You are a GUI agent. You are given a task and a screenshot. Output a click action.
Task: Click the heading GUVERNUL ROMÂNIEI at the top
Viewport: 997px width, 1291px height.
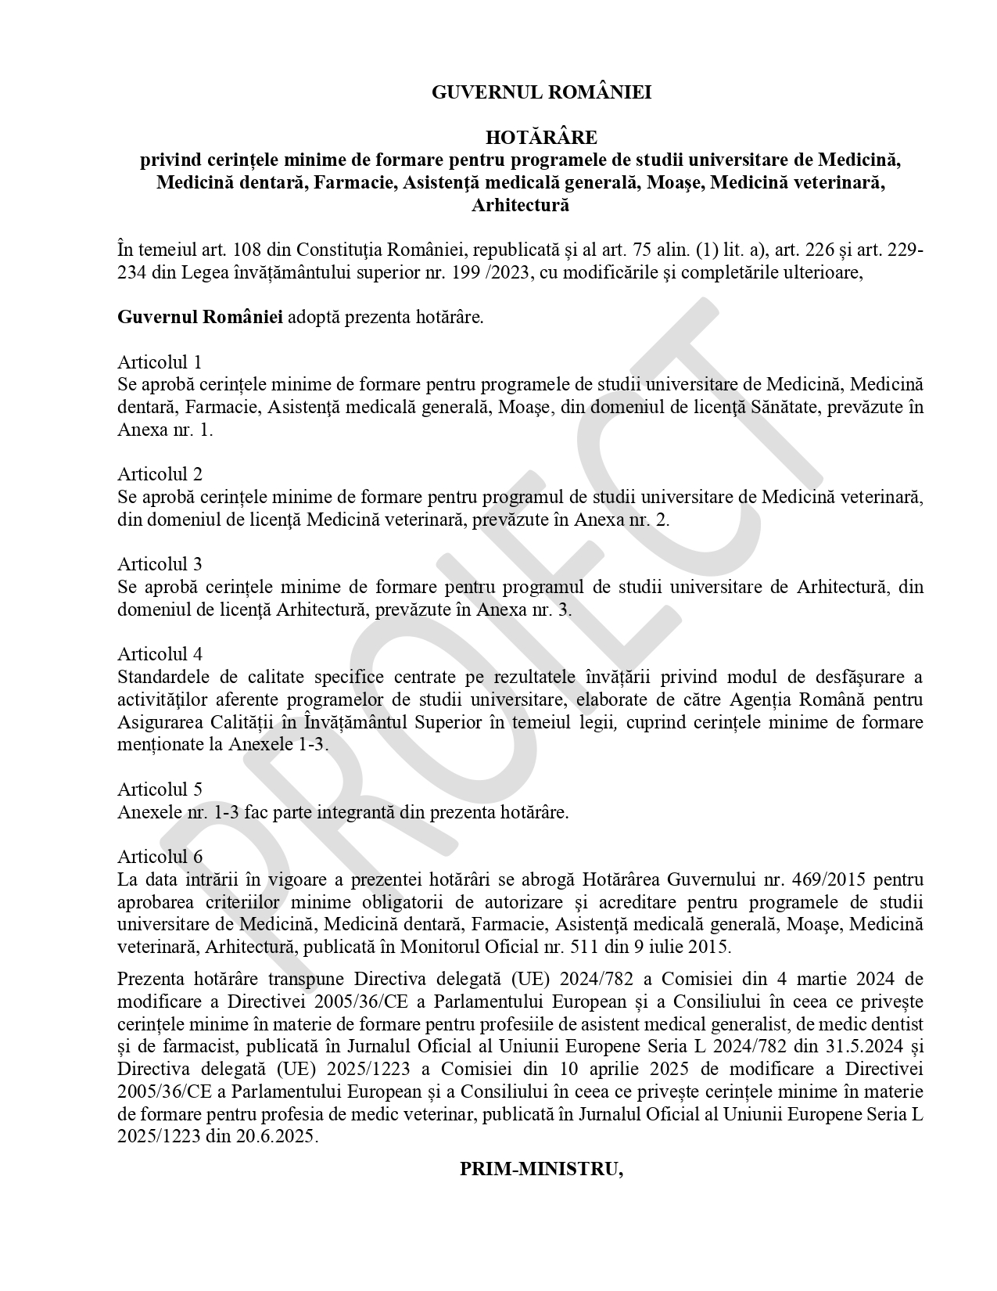click(x=541, y=92)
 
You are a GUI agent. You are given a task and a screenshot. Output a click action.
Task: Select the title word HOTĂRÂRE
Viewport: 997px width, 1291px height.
click(x=541, y=138)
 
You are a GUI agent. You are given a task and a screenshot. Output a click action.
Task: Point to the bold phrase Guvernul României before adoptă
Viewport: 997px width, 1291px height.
click(x=200, y=318)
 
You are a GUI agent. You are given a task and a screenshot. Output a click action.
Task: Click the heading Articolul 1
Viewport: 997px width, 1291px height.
click(x=160, y=362)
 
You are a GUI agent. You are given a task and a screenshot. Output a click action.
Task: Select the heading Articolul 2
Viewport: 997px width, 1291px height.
click(x=160, y=474)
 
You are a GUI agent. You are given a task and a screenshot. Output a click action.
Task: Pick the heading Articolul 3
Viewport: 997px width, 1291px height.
click(x=160, y=564)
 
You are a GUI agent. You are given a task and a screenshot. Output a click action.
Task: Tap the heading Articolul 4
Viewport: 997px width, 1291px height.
click(x=160, y=654)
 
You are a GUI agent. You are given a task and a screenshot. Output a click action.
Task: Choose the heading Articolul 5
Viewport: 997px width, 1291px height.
click(x=160, y=789)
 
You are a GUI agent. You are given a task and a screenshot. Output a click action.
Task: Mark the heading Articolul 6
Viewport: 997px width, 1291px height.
click(x=160, y=857)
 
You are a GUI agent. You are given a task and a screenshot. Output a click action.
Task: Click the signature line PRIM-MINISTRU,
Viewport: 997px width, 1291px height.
click(x=541, y=1169)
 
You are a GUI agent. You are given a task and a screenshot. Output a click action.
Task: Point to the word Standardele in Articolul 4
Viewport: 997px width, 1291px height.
click(x=163, y=677)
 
